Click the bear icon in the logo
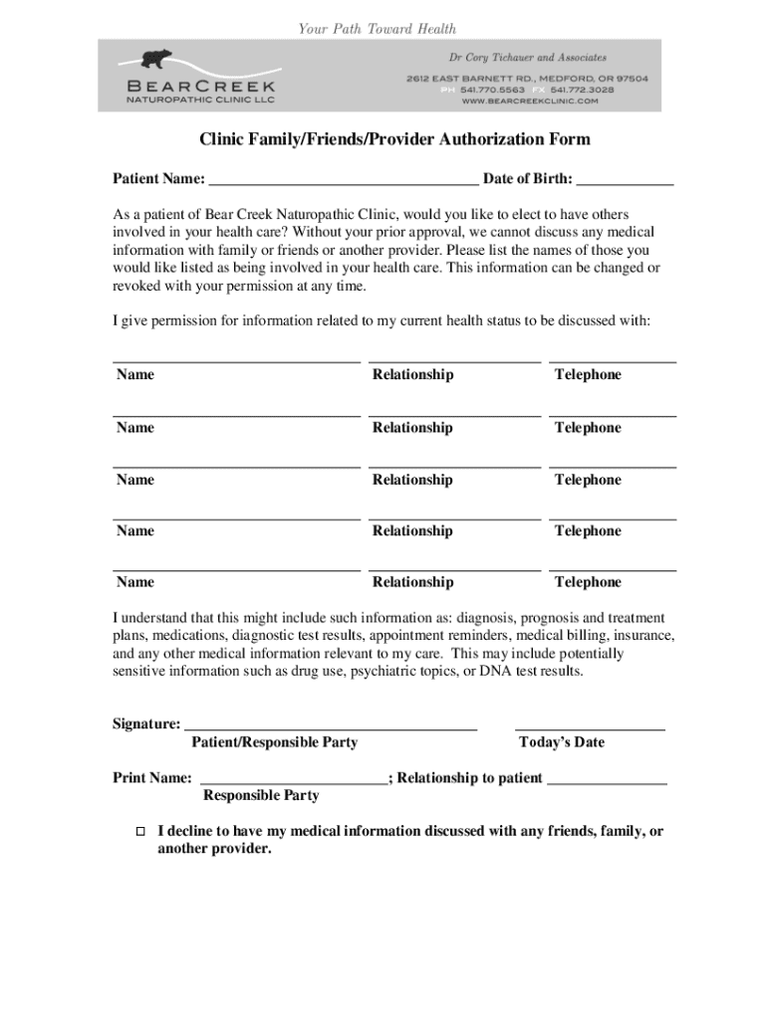[x=155, y=59]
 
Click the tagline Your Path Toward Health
[x=378, y=29]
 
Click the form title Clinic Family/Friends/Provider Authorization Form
[x=394, y=139]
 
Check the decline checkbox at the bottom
[x=140, y=831]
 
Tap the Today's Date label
[x=561, y=742]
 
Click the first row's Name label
[x=135, y=375]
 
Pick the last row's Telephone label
[x=588, y=582]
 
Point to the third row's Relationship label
[x=412, y=480]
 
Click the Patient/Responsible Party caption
[x=274, y=742]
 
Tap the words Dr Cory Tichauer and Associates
[x=527, y=58]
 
